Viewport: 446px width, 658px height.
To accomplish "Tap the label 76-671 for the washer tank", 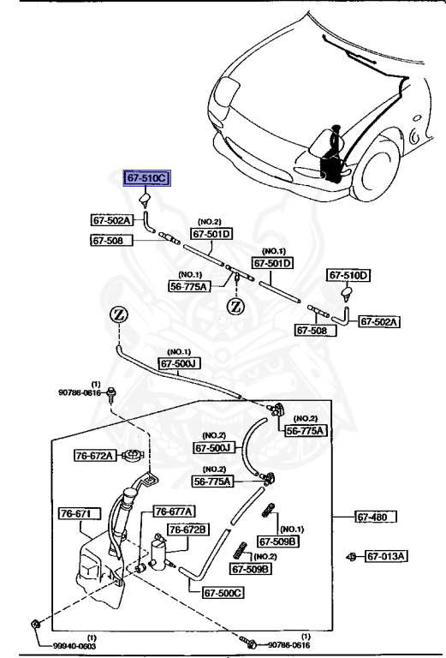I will pos(79,513).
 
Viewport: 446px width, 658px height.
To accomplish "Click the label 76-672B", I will pos(187,529).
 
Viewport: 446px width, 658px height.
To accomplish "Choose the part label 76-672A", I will pos(94,456).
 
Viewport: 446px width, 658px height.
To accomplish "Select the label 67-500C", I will pos(223,592).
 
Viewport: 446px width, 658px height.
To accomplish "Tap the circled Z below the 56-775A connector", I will pos(235,305).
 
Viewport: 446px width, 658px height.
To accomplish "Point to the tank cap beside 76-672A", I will pos(132,455).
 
